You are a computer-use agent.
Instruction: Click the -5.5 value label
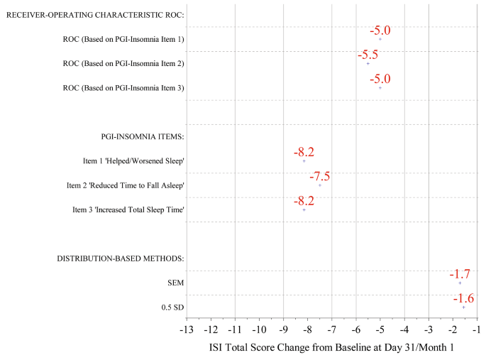tap(368, 55)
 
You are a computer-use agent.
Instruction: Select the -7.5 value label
tap(319, 177)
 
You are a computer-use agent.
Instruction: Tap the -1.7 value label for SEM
tap(459, 274)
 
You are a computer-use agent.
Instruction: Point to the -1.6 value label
tap(463, 298)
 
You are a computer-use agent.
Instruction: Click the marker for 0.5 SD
tap(463, 307)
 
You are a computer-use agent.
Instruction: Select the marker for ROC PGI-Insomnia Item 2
tap(368, 63)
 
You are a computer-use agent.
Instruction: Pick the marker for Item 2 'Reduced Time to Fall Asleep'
tap(319, 185)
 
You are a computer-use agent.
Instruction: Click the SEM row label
tap(175, 283)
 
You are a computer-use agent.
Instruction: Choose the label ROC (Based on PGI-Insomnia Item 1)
tap(123, 39)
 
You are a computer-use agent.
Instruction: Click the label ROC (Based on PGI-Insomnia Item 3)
tap(123, 88)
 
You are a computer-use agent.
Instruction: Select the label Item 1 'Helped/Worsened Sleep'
tap(133, 161)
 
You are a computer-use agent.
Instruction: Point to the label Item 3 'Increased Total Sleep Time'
tap(128, 209)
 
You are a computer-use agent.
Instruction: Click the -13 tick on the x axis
tap(186, 329)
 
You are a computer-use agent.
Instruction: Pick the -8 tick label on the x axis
tap(307, 329)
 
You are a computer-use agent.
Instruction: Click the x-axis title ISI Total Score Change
tap(331, 348)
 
